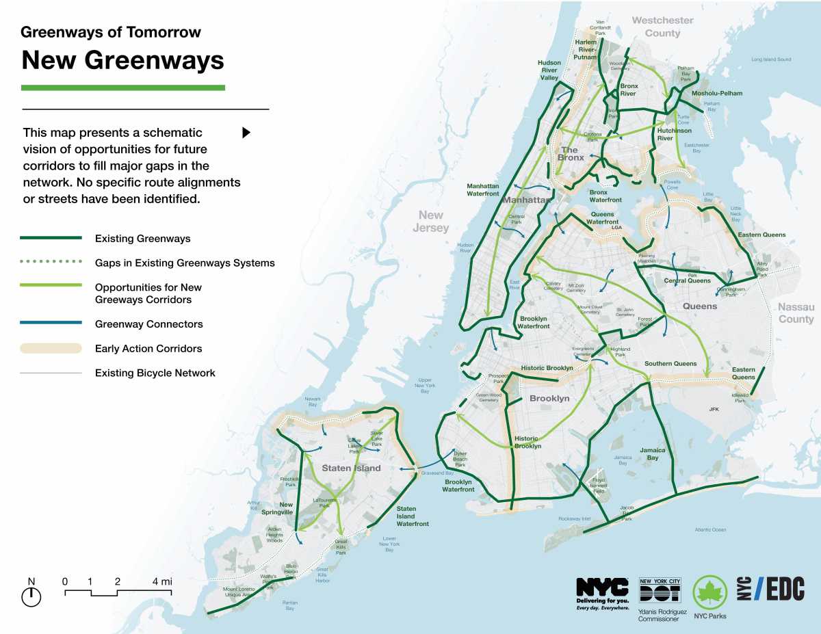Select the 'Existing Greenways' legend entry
[x=142, y=239]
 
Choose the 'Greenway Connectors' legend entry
[x=148, y=324]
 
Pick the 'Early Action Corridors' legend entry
[x=148, y=349]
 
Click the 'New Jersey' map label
[x=431, y=222]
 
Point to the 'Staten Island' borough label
[x=351, y=468]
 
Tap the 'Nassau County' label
[x=796, y=313]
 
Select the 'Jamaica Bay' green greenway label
[x=652, y=454]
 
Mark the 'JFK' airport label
[x=715, y=409]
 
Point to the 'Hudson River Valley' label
[x=549, y=70]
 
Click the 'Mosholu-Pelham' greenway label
[x=716, y=93]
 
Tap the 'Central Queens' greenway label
[x=687, y=280]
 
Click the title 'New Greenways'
[x=122, y=60]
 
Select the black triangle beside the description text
[x=246, y=133]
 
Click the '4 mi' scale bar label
[x=162, y=581]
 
